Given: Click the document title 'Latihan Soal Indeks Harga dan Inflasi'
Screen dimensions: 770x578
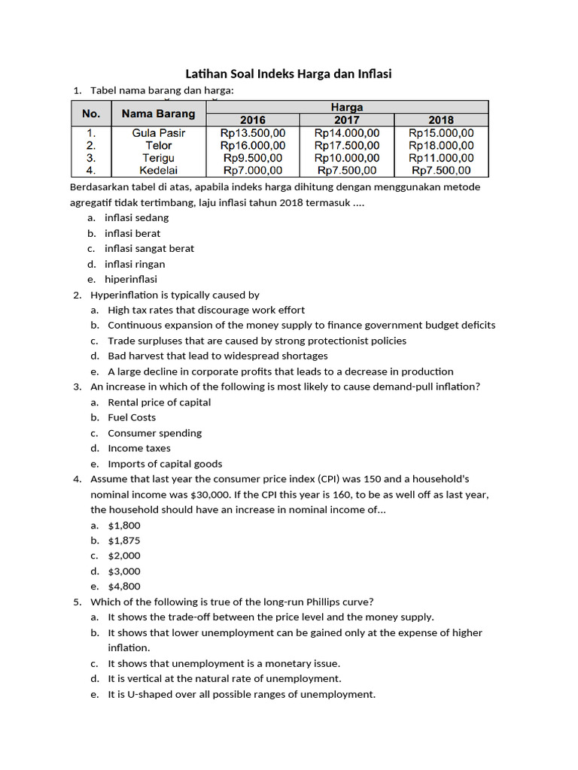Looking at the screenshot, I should pos(289,74).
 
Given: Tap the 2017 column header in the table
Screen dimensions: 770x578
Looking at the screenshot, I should pos(346,120).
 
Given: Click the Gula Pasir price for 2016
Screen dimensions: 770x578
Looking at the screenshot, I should pos(253,133).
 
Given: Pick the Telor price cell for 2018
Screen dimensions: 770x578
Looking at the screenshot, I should pos(441,146).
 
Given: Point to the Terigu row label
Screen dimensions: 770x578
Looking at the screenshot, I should pos(158,159).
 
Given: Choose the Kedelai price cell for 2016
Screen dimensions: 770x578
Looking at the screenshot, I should pos(253,171).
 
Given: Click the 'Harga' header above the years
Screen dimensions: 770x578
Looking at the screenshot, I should pos(346,107).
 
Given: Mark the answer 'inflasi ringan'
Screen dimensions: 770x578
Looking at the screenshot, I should pos(135,264).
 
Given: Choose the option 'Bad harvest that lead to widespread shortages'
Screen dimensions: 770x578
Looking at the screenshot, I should pos(218,356).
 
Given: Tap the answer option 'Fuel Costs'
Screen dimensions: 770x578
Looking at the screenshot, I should pos(132,417).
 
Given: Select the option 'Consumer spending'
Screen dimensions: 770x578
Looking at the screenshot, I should pos(154,433).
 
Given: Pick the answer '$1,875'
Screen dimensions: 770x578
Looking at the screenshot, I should pos(124,541).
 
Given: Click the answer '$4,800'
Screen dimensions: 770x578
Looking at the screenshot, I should pos(124,587).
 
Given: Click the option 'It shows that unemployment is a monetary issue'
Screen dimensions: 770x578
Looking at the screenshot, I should pos(224,663).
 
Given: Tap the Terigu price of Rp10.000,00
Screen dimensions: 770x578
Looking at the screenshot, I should pos(346,159).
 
